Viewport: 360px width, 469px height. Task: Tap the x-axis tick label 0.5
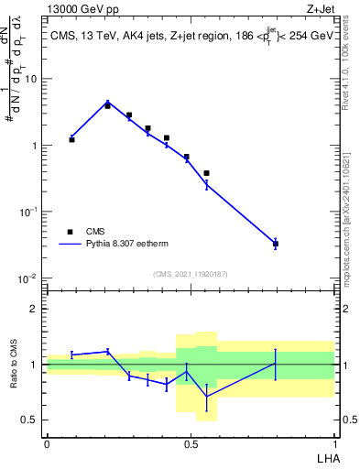point(191,443)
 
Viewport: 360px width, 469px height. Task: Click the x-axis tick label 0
point(47,443)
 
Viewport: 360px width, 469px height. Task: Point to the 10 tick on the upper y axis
point(30,79)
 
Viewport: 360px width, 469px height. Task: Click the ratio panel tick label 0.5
point(30,420)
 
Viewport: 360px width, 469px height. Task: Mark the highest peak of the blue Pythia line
point(107,103)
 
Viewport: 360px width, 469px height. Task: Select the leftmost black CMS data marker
point(71,139)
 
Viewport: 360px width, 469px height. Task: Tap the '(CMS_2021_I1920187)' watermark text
point(191,274)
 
